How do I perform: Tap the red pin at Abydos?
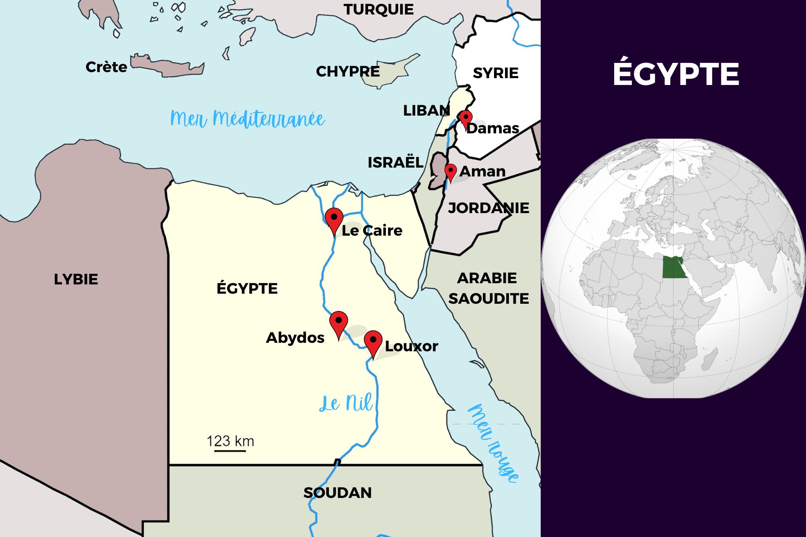339,322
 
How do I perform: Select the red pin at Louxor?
373,342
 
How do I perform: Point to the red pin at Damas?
466,118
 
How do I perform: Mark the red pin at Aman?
450,171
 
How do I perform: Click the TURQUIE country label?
378,9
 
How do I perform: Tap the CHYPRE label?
347,71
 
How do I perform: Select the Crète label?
106,67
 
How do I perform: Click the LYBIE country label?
76,279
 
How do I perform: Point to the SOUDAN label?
337,493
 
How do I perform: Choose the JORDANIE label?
488,208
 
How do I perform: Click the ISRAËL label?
395,162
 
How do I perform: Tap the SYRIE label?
495,73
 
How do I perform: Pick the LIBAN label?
426,110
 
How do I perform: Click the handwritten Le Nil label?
346,403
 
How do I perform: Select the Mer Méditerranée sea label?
247,119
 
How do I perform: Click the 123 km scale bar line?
230,451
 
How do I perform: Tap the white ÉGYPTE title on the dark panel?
676,74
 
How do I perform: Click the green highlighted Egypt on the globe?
674,268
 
